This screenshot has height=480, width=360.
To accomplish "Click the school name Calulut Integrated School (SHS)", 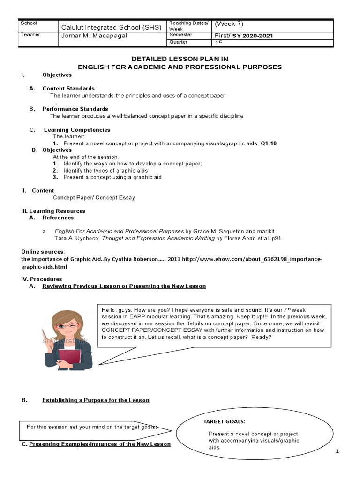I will click(x=112, y=27).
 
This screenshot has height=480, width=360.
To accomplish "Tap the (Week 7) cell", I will click(x=230, y=24).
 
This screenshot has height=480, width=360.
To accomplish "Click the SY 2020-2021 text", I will click(x=256, y=36).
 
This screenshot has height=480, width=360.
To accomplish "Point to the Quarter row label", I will click(x=179, y=42).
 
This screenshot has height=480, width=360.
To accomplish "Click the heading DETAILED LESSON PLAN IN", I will click(x=180, y=59).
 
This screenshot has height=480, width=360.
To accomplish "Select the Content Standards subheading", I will click(x=68, y=88).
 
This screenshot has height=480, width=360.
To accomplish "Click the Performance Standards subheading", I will click(x=75, y=109).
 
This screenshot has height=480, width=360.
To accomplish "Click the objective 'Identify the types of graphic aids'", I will click(x=105, y=171).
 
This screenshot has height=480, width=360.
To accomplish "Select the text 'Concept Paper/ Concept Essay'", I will click(x=94, y=197).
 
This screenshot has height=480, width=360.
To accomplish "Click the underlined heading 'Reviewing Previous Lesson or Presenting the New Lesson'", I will click(x=124, y=286).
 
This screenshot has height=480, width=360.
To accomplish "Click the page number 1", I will click(x=337, y=451).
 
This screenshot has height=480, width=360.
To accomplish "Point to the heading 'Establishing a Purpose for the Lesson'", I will click(x=96, y=400).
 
